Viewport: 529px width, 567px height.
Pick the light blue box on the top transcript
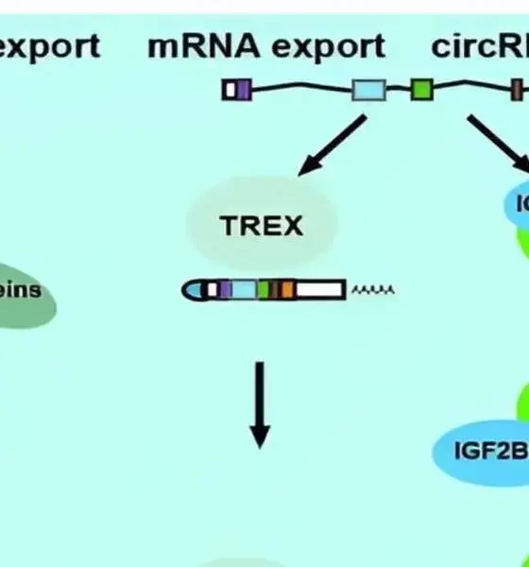369,91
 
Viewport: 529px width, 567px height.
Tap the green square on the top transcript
421,91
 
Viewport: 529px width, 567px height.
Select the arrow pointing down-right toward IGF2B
490,142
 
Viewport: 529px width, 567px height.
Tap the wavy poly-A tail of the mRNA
372,290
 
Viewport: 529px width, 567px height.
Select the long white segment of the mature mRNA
320,290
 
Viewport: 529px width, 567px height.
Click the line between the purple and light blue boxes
302,89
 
